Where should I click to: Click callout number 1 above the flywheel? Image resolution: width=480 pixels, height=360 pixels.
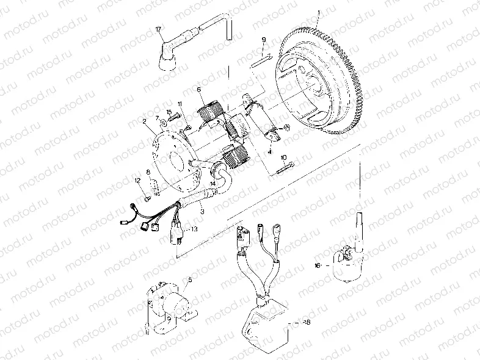pyautogui.click(x=319, y=12)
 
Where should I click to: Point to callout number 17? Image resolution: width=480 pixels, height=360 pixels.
pyautogui.click(x=159, y=29)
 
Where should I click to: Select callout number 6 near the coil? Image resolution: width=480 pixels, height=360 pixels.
pyautogui.click(x=199, y=90)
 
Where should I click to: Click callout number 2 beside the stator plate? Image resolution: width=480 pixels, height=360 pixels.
pyautogui.click(x=144, y=121)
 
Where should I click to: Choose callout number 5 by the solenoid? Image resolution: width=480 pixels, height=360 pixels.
pyautogui.click(x=190, y=280)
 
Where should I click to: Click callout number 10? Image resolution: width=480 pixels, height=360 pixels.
pyautogui.click(x=283, y=158)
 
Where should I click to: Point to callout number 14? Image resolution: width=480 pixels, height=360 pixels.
pyautogui.click(x=213, y=182)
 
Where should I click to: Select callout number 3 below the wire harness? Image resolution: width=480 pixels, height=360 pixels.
pyautogui.click(x=202, y=211)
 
